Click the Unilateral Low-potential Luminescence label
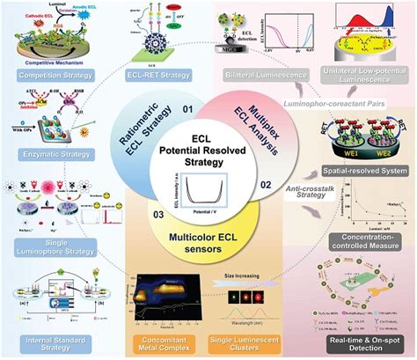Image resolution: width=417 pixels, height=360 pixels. pyautogui.click(x=362, y=81)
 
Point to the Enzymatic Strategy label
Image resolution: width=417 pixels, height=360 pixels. pyautogui.click(x=45, y=153)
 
